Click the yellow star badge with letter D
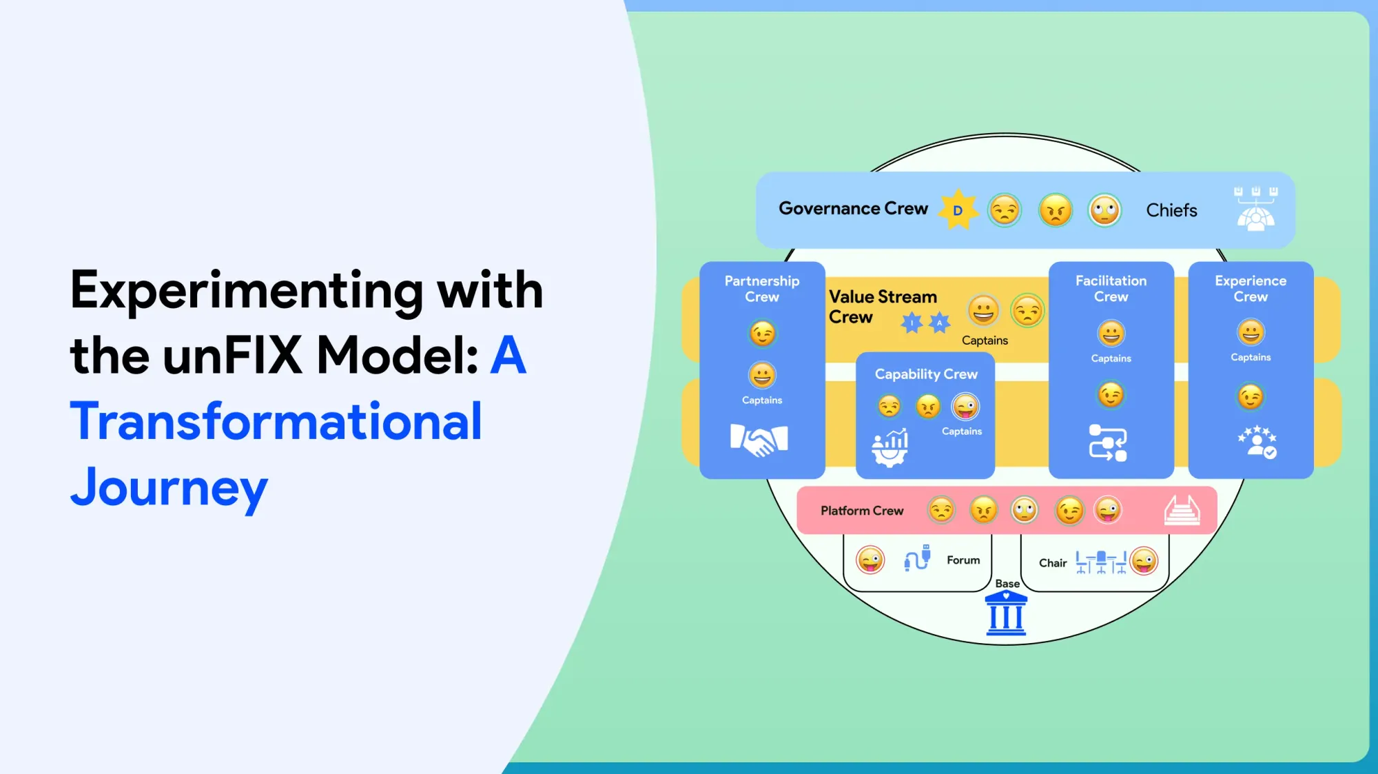tap(958, 210)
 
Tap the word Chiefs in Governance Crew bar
tap(1171, 210)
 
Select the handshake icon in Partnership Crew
tap(759, 440)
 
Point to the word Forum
tap(963, 560)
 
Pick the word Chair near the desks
tap(1052, 563)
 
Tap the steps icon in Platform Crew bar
tap(1182, 510)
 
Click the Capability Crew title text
tap(926, 374)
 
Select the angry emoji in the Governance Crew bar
tap(1056, 210)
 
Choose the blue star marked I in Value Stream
tap(912, 322)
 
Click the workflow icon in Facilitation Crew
tap(1108, 442)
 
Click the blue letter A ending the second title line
tap(508, 356)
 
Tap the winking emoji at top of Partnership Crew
tap(762, 334)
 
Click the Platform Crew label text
tap(862, 511)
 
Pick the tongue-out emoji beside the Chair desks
tap(1144, 561)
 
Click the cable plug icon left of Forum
tap(917, 558)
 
